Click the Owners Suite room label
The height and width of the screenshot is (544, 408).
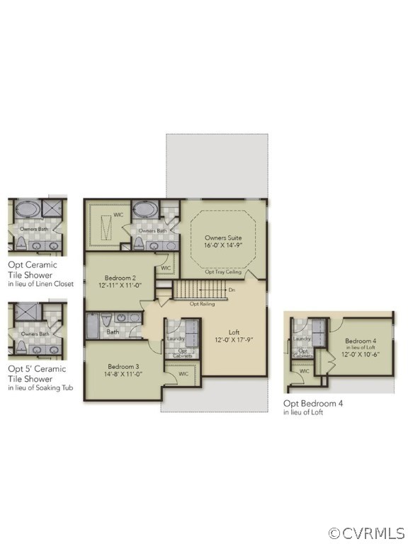tap(223, 237)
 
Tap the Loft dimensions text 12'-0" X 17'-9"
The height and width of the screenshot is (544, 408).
tap(234, 339)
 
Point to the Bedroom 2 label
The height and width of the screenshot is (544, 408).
tap(120, 278)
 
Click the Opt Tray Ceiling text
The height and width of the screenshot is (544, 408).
tap(223, 272)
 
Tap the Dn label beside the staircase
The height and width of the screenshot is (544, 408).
tap(232, 290)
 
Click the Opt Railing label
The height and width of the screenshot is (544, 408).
tap(202, 304)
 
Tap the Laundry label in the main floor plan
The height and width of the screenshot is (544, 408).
tap(176, 338)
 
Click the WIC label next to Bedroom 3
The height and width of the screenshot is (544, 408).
tap(183, 373)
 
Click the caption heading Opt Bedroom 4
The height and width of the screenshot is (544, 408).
tap(312, 403)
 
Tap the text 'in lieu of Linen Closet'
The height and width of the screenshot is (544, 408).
tap(40, 284)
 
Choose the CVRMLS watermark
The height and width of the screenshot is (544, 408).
tap(367, 532)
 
